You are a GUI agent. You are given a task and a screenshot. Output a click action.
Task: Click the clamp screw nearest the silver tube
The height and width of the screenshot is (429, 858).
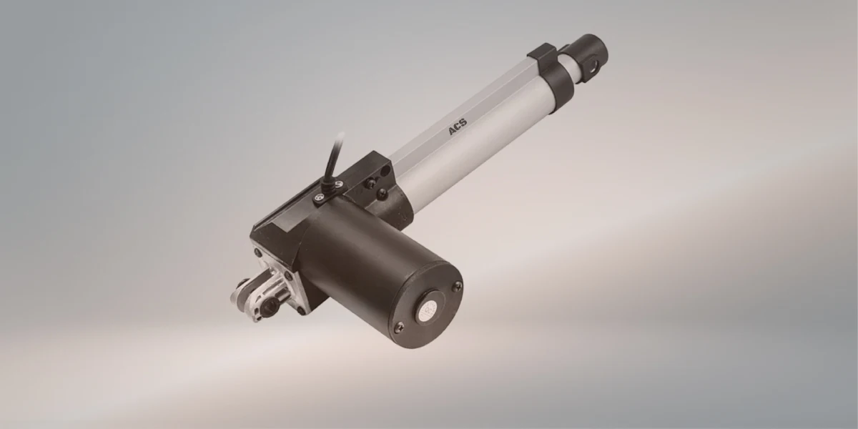[342, 188]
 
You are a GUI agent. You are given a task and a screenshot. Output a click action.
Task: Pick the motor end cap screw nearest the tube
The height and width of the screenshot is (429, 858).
[458, 286]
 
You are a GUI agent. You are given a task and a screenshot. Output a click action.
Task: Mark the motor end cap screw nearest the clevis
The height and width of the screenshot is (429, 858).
[400, 327]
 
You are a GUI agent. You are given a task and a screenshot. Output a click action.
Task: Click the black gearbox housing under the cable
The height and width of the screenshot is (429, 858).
[286, 222]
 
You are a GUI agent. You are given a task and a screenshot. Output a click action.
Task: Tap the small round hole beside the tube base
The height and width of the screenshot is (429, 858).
[371, 184]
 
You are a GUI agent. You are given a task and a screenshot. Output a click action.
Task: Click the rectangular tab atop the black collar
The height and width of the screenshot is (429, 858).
[541, 51]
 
